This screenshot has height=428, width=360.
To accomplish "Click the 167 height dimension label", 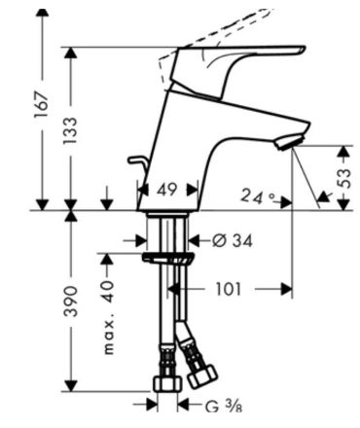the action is point(42,104).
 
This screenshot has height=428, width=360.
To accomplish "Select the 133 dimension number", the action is point(70,130).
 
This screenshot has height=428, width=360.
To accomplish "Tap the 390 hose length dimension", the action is point(70,301).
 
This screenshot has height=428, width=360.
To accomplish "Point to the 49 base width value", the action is point(167,190).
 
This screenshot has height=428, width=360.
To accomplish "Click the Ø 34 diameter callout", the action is point(233,240).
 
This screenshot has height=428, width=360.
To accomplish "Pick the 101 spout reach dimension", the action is point(229,289).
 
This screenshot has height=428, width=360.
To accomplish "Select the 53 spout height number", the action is point(343,178).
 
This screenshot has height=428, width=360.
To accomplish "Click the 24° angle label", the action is point(258,196).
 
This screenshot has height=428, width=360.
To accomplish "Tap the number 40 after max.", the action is point(108,292).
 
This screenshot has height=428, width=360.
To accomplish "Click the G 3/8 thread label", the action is point(224,407).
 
